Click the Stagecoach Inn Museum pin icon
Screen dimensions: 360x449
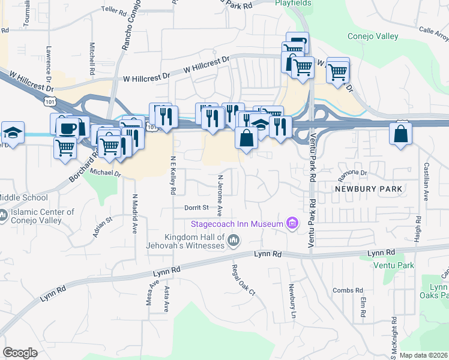pyautogui.click(x=292, y=224)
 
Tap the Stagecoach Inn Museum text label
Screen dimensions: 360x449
pyautogui.click(x=237, y=224)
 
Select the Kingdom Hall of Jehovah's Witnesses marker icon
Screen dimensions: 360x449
pyautogui.click(x=234, y=241)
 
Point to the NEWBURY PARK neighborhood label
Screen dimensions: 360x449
pyautogui.click(x=367, y=189)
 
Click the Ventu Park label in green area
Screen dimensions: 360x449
pyautogui.click(x=394, y=265)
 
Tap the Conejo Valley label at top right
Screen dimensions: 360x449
pyautogui.click(x=373, y=37)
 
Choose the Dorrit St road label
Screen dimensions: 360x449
pyautogui.click(x=196, y=207)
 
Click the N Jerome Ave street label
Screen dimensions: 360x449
pyautogui.click(x=220, y=196)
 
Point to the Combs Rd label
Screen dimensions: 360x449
pyautogui.click(x=345, y=290)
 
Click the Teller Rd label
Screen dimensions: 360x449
pyautogui.click(x=114, y=10)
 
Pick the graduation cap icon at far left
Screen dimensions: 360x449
pyautogui.click(x=13, y=132)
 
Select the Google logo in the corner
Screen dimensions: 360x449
pyautogui.click(x=20, y=353)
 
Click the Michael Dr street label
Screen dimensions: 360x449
pyautogui.click(x=106, y=172)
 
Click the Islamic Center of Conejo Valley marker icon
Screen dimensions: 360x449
pyautogui.click(x=3, y=214)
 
